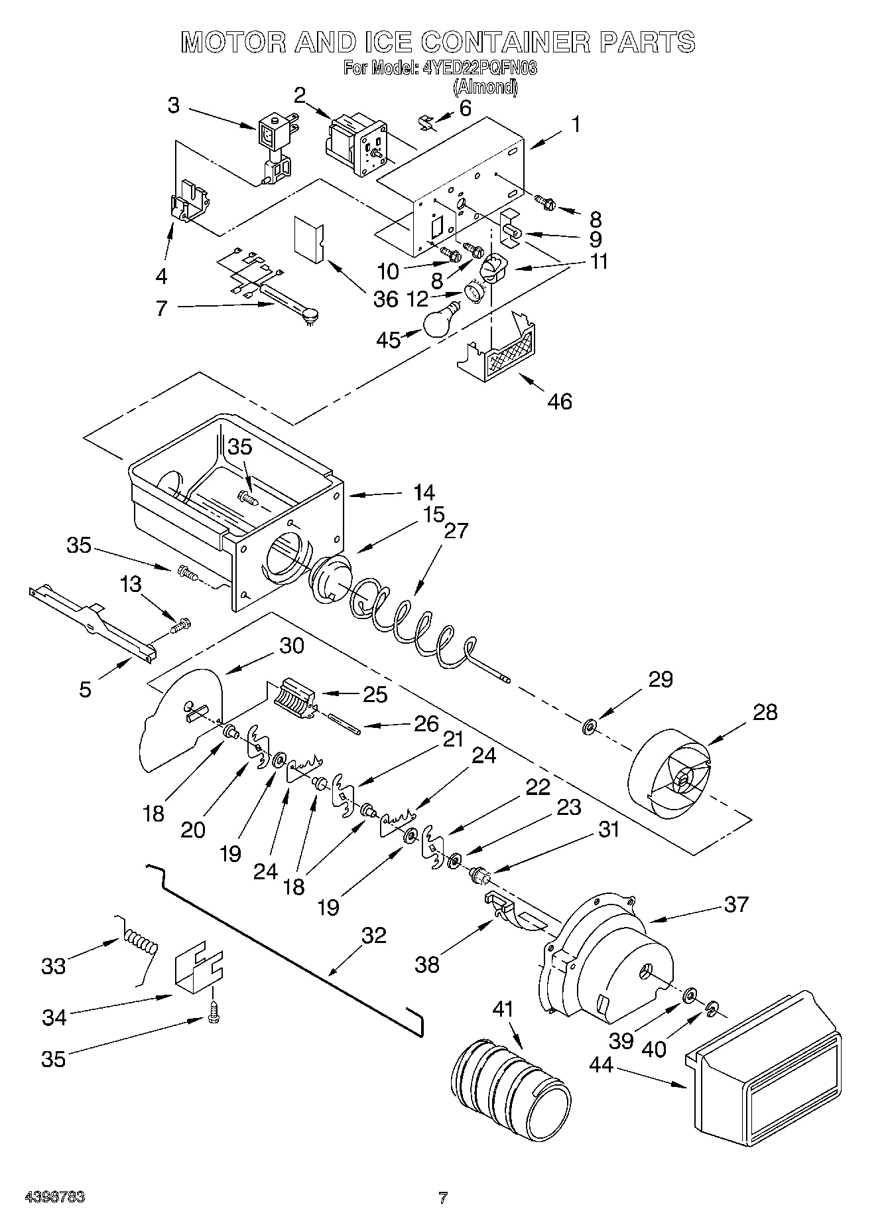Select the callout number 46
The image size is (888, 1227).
pos(560,401)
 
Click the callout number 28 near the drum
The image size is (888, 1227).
pos(765,712)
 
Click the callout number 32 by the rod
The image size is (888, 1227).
pos(374,936)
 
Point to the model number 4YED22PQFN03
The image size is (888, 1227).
pos(479,68)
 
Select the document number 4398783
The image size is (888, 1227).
pos(54,1197)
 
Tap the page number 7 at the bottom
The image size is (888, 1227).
pos(443,1198)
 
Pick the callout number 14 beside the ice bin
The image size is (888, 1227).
pos(424,492)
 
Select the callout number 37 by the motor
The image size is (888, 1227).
pos(735,904)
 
